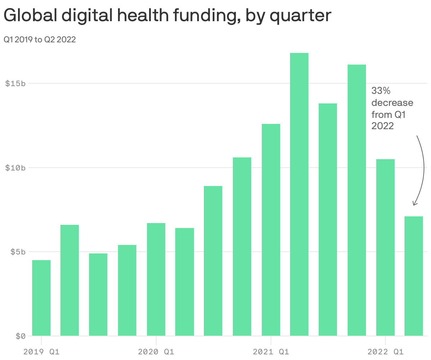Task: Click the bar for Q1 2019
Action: pyautogui.click(x=41, y=298)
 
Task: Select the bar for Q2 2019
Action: pyautogui.click(x=70, y=280)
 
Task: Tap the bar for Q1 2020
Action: pyautogui.click(x=156, y=279)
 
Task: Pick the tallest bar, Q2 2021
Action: pyautogui.click(x=299, y=194)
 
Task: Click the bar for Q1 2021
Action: pyautogui.click(x=271, y=230)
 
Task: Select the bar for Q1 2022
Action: pyautogui.click(x=385, y=247)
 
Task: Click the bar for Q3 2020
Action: pyautogui.click(x=213, y=261)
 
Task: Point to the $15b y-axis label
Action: pyautogui.click(x=16, y=84)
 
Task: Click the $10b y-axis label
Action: pyautogui.click(x=16, y=168)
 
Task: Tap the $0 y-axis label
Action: pyautogui.click(x=20, y=336)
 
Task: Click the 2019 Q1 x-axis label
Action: pyautogui.click(x=41, y=352)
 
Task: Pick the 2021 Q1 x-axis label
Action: pyautogui.click(x=271, y=352)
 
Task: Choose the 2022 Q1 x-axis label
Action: pyautogui.click(x=385, y=352)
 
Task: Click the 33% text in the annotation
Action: pyautogui.click(x=381, y=91)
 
